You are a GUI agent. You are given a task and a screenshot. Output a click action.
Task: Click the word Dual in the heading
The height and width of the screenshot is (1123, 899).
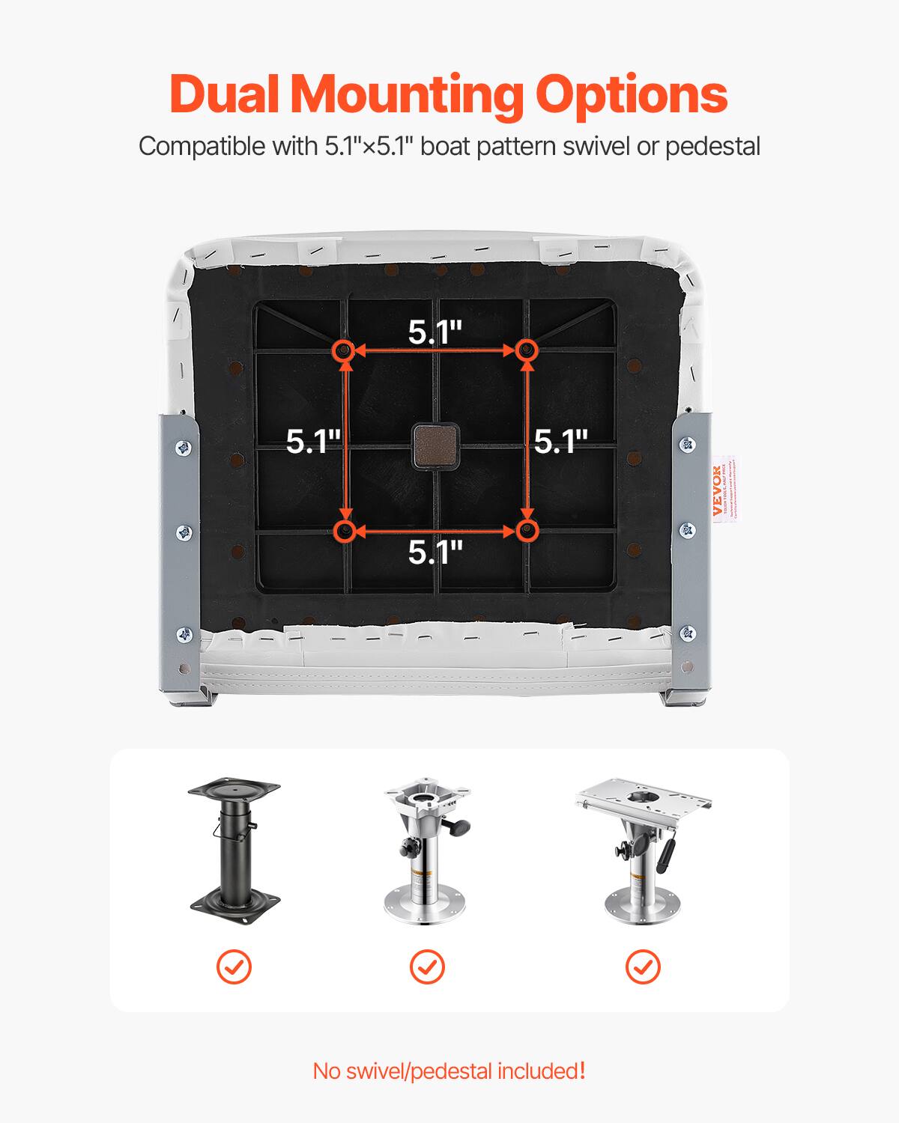tap(227, 94)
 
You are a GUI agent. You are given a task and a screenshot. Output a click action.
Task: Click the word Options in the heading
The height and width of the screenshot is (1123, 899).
tap(631, 96)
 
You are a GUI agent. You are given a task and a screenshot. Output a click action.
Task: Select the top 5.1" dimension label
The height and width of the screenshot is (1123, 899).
tap(435, 332)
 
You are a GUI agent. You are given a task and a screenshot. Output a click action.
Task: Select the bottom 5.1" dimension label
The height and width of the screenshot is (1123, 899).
tap(435, 553)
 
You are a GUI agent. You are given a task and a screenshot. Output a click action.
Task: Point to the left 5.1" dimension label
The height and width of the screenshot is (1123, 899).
tap(314, 442)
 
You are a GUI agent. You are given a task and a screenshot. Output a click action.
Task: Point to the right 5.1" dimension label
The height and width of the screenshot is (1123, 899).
tap(560, 442)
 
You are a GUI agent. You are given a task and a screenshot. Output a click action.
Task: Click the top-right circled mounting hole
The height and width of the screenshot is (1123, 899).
tap(527, 350)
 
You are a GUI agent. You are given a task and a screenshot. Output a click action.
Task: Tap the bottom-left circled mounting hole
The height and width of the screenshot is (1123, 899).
tap(345, 531)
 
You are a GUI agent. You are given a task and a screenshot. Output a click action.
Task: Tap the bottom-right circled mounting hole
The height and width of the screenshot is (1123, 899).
tap(527, 531)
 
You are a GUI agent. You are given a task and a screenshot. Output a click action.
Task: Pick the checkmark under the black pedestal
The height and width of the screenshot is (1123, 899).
tap(234, 967)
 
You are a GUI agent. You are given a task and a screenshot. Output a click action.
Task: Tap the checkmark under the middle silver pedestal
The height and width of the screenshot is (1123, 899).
tap(427, 967)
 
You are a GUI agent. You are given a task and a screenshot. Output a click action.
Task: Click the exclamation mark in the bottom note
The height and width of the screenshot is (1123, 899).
tap(582, 1070)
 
